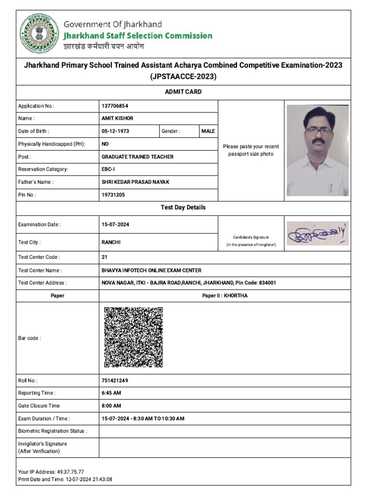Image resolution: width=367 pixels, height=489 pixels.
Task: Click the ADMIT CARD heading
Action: pos(183,92)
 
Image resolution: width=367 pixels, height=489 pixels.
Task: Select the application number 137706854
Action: pos(115,106)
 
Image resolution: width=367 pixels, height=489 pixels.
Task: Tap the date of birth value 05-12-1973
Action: pos(115,131)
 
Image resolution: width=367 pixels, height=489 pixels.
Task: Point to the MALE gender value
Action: pos(208,131)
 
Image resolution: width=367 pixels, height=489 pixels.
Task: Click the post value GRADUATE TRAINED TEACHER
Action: pos(138,157)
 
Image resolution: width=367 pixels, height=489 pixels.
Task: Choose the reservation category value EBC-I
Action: pos(108,169)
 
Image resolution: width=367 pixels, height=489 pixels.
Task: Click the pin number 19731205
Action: pos(113,195)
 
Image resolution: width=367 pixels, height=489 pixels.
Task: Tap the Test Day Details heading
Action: pos(183,207)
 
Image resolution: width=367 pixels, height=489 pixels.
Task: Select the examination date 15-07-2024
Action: pos(115,224)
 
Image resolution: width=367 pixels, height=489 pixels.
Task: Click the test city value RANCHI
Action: pos(111,242)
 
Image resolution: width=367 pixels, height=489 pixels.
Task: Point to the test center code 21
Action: pos(105,257)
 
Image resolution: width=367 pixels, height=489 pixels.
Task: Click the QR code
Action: pos(133,337)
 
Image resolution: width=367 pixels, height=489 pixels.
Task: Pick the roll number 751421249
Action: pos(115,381)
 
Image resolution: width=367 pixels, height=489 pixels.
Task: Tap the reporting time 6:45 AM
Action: pos(111,393)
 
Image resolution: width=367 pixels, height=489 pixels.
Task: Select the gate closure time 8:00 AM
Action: pos(111,406)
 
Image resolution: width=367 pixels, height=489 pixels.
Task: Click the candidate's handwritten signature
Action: pos(317,234)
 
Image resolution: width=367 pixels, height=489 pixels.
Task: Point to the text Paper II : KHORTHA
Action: pos(225,296)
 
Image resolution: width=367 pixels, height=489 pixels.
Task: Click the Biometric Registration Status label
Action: pos(53,431)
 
